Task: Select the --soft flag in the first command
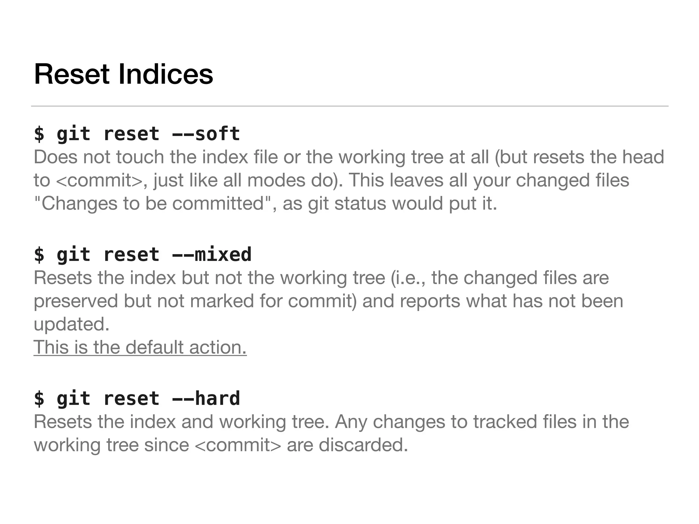[x=206, y=133]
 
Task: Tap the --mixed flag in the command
[x=212, y=254]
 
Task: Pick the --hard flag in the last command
[x=206, y=398]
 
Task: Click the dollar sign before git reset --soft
[x=39, y=133]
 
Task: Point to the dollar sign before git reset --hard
[x=39, y=398]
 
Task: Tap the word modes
[x=276, y=180]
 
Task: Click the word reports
[x=430, y=301]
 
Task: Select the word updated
[x=71, y=324]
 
